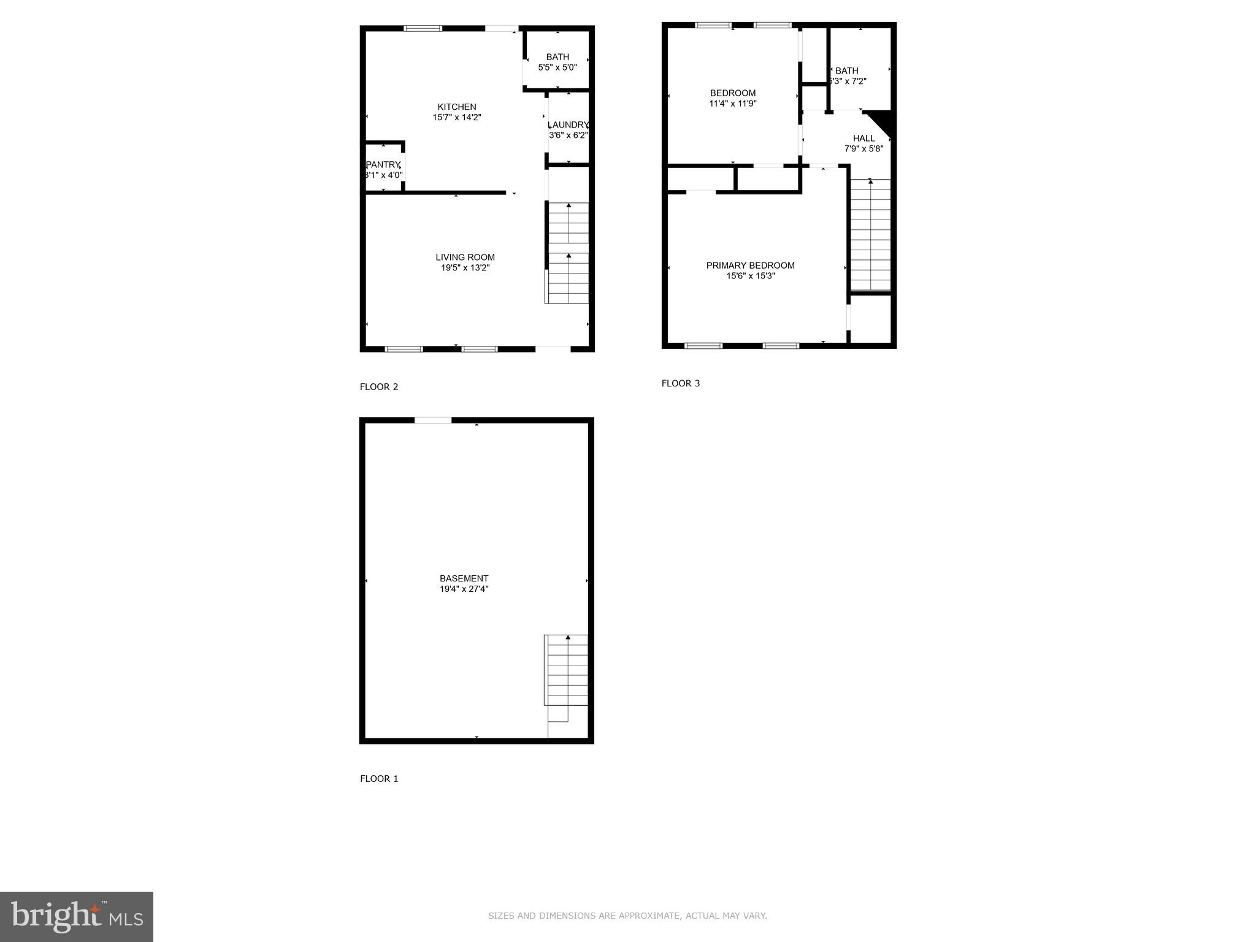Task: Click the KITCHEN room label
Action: pyautogui.click(x=456, y=107)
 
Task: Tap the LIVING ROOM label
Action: pyautogui.click(x=465, y=257)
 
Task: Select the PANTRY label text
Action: pyautogui.click(x=383, y=164)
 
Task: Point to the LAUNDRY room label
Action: pyautogui.click(x=568, y=124)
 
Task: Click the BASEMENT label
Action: pyautogui.click(x=464, y=578)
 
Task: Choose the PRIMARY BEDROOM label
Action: pyautogui.click(x=750, y=265)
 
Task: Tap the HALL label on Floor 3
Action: pyautogui.click(x=863, y=138)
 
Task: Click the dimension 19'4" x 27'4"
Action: pyautogui.click(x=464, y=589)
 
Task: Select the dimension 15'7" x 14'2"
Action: pyautogui.click(x=456, y=117)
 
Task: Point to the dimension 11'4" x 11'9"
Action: pyautogui.click(x=732, y=104)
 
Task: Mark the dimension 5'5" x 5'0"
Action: pyautogui.click(x=557, y=67)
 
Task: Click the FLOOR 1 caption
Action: pyautogui.click(x=379, y=778)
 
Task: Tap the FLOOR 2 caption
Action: pyautogui.click(x=379, y=386)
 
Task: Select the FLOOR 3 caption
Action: pyautogui.click(x=681, y=383)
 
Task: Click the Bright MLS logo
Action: pyautogui.click(x=77, y=916)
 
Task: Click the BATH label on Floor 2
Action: pyautogui.click(x=557, y=57)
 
